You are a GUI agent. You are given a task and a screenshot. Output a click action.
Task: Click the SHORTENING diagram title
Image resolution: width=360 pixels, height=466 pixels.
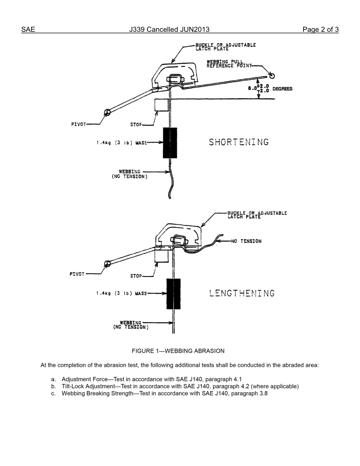(x=239, y=142)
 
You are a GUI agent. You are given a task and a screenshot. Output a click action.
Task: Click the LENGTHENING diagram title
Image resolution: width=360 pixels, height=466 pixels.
(x=242, y=293)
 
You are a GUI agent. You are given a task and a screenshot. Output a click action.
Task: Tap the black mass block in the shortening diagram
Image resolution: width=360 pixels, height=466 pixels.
(x=170, y=143)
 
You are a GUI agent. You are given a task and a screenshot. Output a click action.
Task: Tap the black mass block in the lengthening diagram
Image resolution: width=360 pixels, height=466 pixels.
(x=173, y=294)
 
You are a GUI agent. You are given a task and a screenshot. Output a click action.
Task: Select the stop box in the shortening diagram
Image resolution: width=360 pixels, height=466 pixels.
(x=161, y=105)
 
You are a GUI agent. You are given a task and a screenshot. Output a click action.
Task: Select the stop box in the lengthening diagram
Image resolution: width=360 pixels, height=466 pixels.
(x=161, y=256)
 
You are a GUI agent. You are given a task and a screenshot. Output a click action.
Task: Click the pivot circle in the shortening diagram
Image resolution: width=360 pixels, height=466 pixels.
(x=107, y=112)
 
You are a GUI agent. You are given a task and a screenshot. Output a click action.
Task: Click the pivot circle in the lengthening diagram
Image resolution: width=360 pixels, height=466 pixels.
(x=107, y=264)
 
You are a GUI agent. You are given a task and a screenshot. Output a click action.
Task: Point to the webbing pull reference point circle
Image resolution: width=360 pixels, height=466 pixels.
(x=271, y=76)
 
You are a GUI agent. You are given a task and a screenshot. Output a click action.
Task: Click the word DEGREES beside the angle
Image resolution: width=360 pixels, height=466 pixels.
(x=282, y=89)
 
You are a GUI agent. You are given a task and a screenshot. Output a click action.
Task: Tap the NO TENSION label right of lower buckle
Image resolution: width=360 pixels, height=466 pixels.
(x=246, y=241)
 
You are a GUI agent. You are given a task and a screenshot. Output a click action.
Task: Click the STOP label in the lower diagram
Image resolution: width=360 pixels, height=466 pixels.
(x=136, y=276)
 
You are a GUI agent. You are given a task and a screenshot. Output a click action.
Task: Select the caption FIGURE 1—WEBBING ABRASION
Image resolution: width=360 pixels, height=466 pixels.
(x=178, y=351)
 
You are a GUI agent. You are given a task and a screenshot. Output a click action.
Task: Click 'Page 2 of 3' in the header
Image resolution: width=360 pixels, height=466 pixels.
(x=320, y=30)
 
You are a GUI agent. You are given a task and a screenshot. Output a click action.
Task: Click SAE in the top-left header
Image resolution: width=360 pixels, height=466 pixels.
(x=28, y=30)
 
